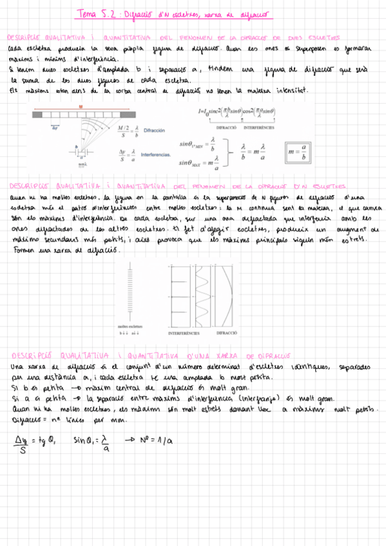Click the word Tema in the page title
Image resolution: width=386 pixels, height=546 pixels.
86,13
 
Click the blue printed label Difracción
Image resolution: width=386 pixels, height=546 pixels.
158,129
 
